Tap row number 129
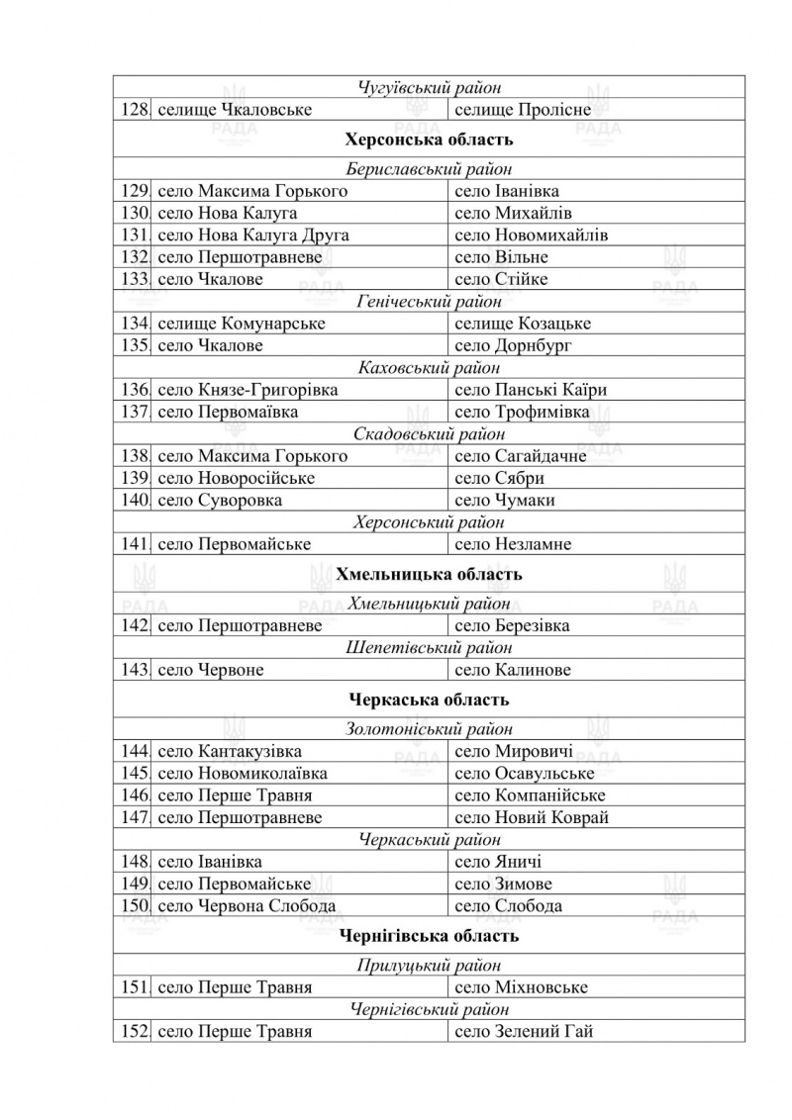tap(133, 191)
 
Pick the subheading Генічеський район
tap(429, 302)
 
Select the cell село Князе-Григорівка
tap(247, 390)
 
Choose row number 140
tap(133, 501)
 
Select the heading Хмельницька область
tap(429, 575)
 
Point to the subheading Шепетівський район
tap(429, 648)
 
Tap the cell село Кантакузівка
tap(230, 752)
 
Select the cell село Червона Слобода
tap(247, 906)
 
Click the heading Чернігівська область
tap(429, 936)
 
